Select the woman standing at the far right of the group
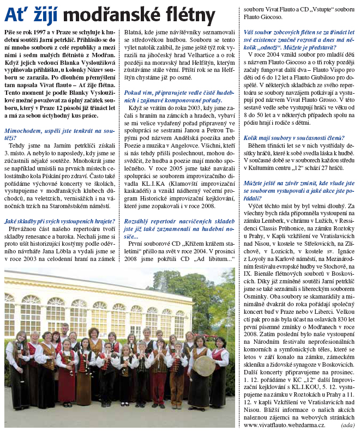pyautogui.click(x=220, y=376)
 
